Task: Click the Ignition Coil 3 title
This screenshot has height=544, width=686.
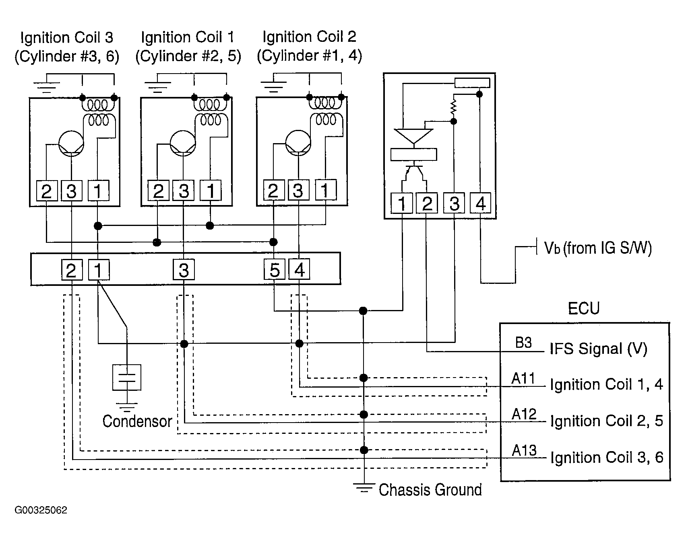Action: [67, 38]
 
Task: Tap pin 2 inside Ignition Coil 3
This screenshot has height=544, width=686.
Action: [47, 191]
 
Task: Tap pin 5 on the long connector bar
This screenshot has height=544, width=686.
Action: [275, 269]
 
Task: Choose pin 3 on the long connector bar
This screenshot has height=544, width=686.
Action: [184, 269]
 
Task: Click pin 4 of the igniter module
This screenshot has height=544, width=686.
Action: [481, 203]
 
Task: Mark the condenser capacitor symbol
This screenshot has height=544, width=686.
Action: [127, 377]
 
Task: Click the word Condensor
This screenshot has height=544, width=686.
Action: [137, 421]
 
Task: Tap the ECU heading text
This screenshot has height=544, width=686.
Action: [584, 308]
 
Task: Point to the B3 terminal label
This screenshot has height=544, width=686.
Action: [523, 343]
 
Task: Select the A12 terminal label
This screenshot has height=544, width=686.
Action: [524, 414]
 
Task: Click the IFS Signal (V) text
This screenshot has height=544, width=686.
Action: [599, 349]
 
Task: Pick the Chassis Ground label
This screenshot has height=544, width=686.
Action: [430, 490]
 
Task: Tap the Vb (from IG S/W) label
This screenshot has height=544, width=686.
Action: [598, 248]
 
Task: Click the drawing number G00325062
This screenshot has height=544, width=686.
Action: [41, 510]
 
